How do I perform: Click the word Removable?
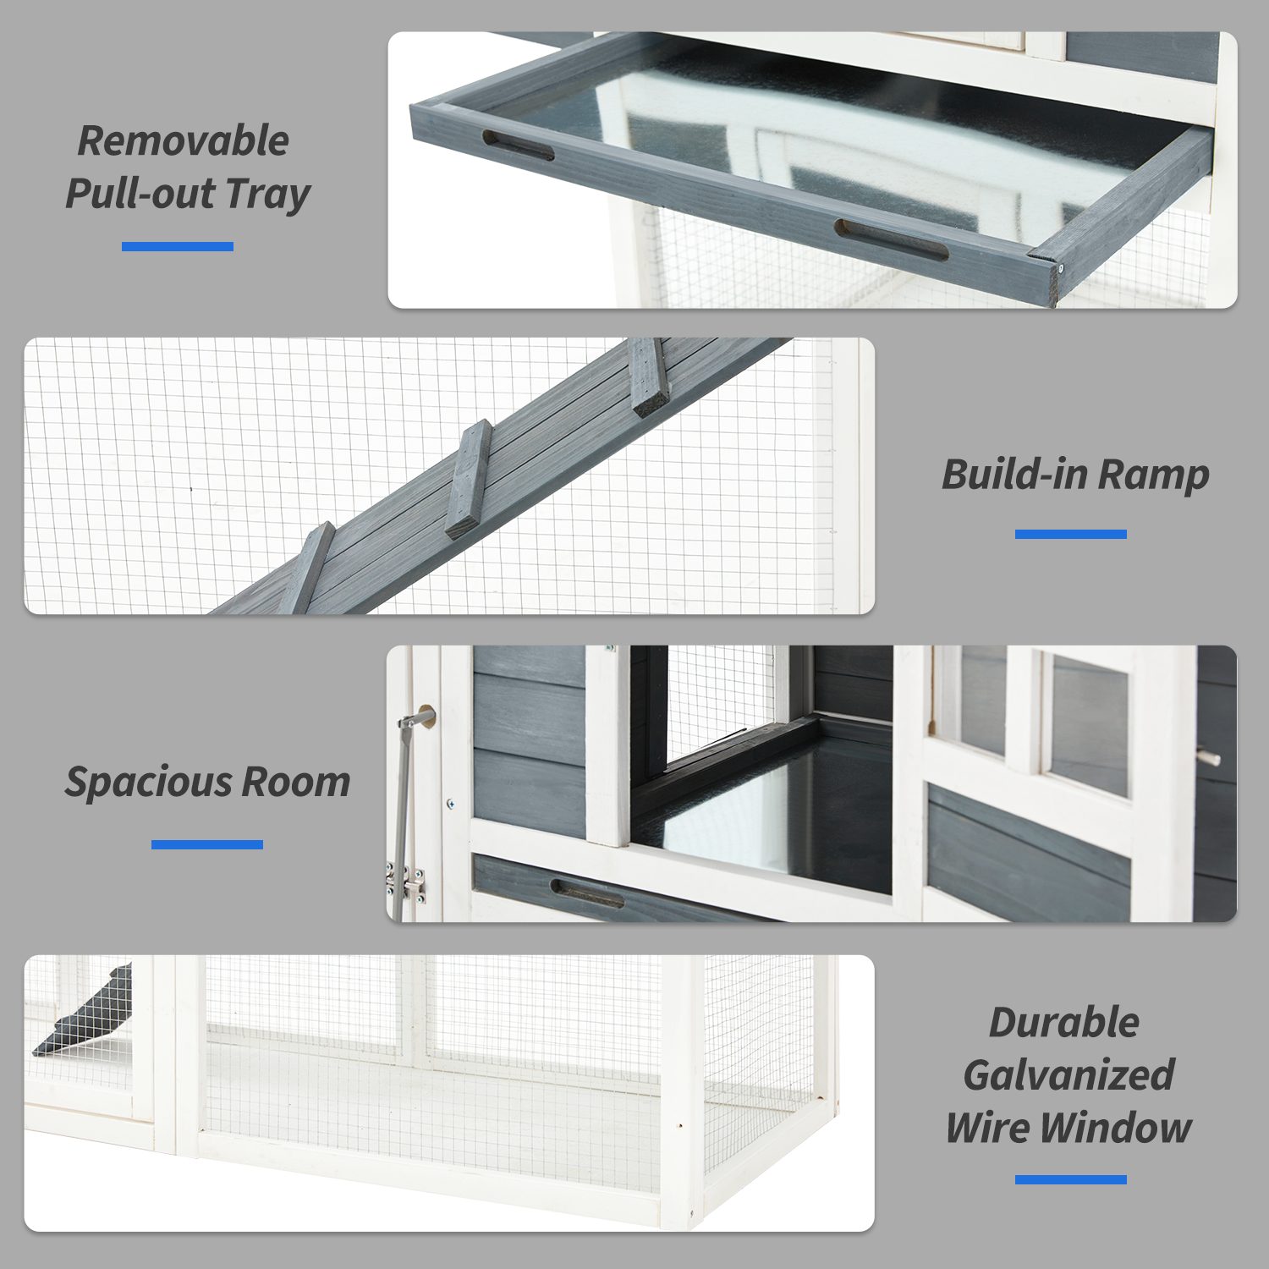click(183, 140)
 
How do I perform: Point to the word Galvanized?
click(1068, 1075)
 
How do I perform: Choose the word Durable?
click(1064, 1023)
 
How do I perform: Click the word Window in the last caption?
click(1116, 1128)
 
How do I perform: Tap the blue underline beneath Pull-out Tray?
click(178, 246)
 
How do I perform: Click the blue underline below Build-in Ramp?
click(1070, 534)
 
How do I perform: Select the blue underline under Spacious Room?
click(207, 844)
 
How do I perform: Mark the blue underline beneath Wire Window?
click(1070, 1179)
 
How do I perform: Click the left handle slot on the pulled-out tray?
click(518, 145)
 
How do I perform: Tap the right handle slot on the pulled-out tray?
click(891, 240)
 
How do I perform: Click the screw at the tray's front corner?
click(1060, 268)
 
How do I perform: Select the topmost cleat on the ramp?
click(650, 377)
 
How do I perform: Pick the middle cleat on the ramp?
click(469, 479)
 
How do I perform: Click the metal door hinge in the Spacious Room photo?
click(408, 882)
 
